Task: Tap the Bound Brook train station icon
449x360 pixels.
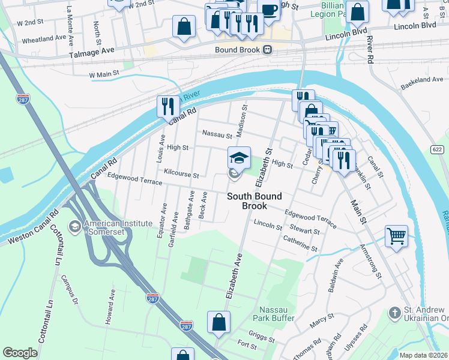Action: click(268, 50)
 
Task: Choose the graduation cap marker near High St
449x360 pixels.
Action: click(238, 158)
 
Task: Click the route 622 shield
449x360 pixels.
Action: click(438, 149)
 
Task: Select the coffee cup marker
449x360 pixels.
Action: click(269, 9)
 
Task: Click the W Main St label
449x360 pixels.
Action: click(104, 75)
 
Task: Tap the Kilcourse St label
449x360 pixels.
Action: click(181, 175)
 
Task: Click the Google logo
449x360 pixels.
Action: click(20, 352)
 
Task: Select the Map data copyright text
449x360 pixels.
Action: click(423, 355)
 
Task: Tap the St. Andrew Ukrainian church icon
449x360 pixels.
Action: click(394, 313)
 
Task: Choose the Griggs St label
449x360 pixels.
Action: click(261, 335)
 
